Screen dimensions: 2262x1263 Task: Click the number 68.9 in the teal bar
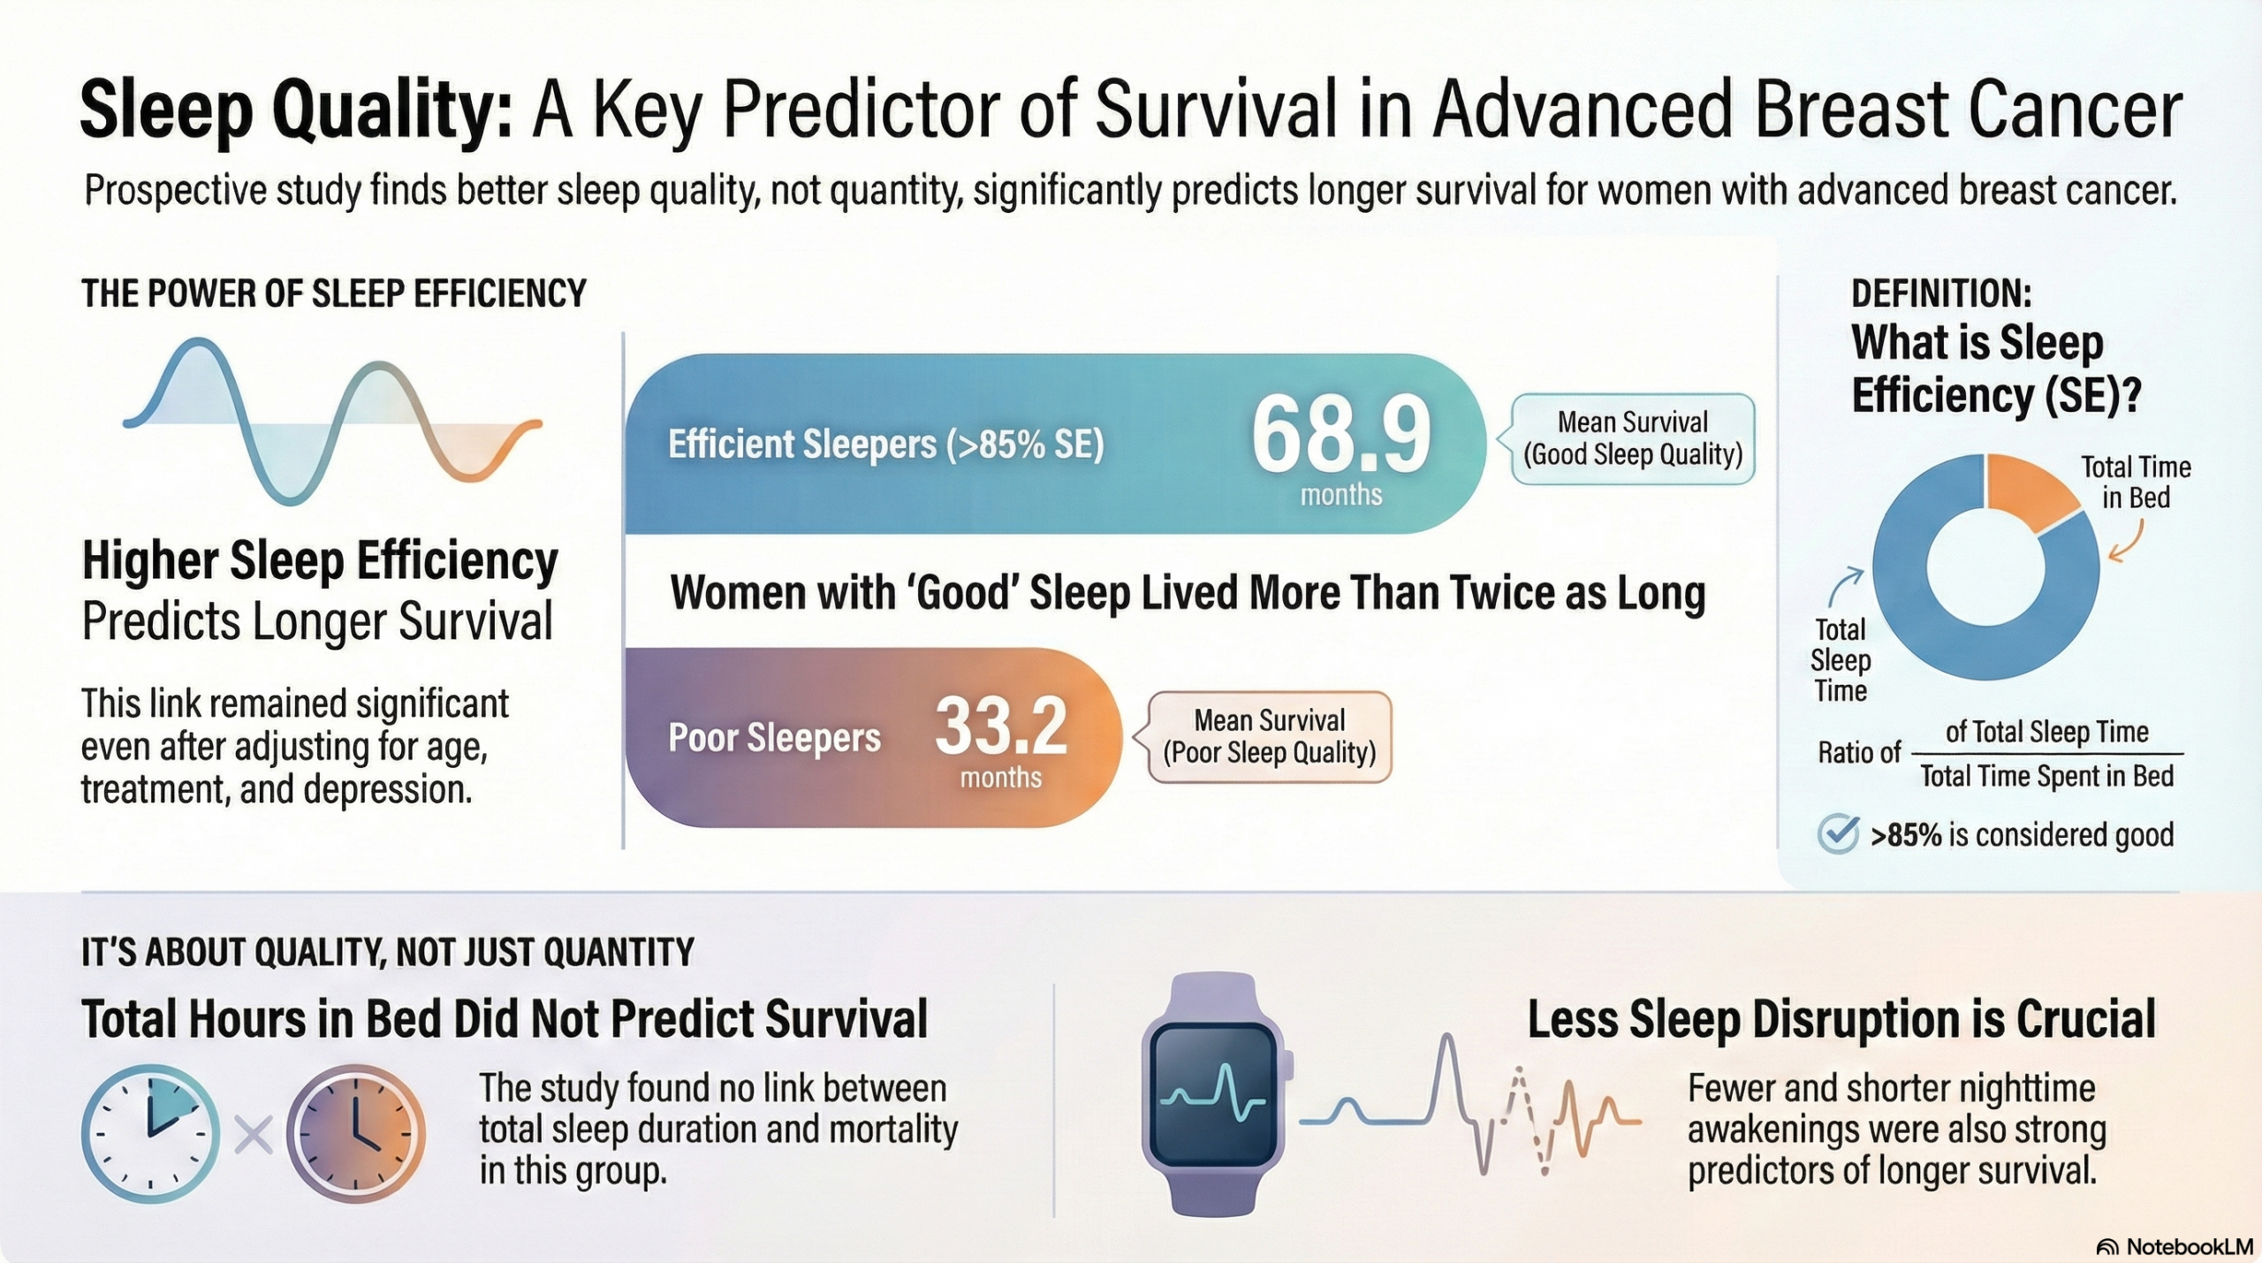coord(1340,435)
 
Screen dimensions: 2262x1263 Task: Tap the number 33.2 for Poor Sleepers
coord(1000,727)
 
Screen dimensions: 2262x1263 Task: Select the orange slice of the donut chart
coord(2031,491)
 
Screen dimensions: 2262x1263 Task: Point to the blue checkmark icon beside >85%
coord(1839,833)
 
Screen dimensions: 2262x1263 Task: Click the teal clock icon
coord(150,1133)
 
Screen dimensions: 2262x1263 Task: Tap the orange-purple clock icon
coord(356,1133)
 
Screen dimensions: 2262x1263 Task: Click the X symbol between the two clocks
coord(253,1135)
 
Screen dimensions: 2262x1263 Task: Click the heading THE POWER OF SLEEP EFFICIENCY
coord(334,293)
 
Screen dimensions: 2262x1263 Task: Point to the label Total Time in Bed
coord(2136,482)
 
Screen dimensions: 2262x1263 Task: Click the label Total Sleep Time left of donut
coord(1841,659)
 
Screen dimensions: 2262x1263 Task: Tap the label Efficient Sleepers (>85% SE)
coord(886,445)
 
